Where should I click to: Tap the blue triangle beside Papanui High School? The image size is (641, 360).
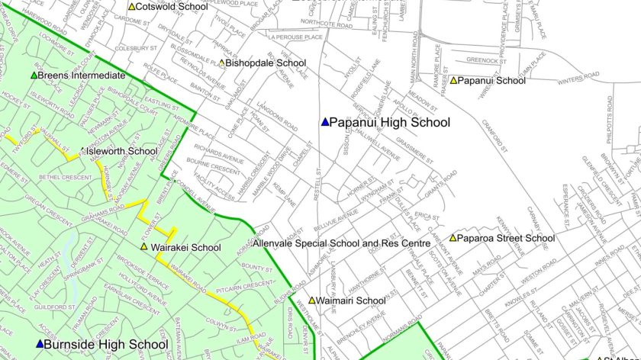324,122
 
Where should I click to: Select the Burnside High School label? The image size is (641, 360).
106,345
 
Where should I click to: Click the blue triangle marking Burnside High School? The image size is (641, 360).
40,345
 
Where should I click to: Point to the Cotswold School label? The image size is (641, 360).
172,6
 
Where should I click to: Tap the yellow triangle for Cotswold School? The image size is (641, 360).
131,7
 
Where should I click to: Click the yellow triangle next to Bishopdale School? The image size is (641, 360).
222,63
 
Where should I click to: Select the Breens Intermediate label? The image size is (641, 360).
81,76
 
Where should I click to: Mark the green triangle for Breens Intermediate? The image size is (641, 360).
34,76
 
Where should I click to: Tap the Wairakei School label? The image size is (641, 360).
185,247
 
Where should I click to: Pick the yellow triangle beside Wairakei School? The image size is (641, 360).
144,247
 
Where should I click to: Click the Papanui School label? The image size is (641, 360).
492,80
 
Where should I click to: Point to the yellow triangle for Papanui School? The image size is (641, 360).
454,80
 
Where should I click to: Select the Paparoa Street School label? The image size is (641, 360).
507,238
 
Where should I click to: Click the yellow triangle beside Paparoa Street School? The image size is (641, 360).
453,238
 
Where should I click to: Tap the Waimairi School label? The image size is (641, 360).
351,301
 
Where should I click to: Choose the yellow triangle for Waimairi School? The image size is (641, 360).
311,301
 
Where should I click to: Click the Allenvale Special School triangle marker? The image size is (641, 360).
256,244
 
